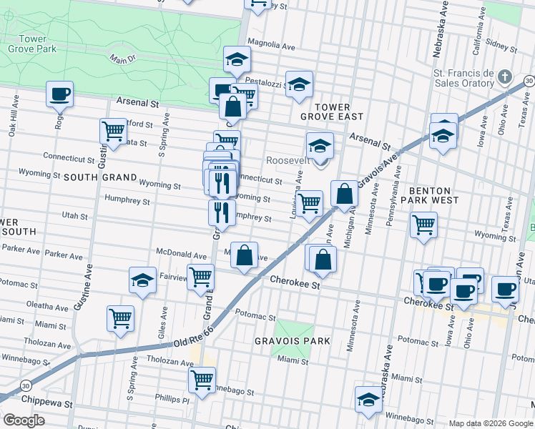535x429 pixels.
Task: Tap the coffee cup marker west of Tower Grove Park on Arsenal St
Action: (x=60, y=93)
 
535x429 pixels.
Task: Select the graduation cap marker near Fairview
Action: (x=143, y=280)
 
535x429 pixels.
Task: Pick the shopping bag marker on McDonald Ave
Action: (x=245, y=255)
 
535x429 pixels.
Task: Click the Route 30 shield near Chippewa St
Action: (x=26, y=385)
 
